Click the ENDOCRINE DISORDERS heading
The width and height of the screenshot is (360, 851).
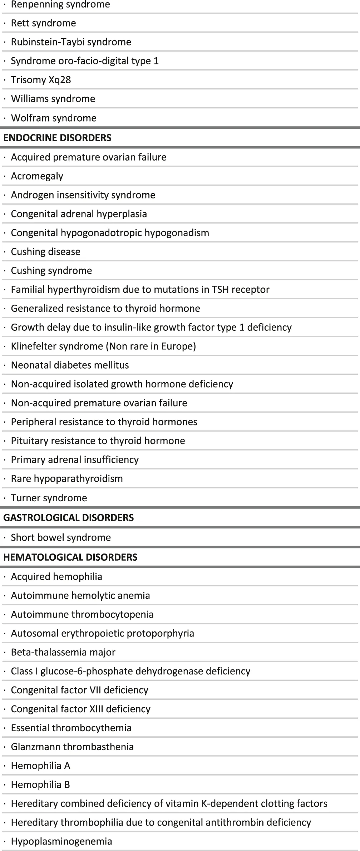(x=57, y=138)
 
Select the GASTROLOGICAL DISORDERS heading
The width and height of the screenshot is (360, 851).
(x=68, y=517)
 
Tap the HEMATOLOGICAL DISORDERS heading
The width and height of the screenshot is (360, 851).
(x=70, y=557)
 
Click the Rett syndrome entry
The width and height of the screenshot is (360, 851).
(x=43, y=23)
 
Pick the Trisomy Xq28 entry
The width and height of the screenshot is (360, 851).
(x=41, y=80)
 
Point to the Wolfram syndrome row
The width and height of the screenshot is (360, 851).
(x=54, y=118)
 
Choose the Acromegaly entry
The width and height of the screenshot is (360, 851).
(x=37, y=176)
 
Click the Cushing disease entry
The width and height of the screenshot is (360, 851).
(x=45, y=252)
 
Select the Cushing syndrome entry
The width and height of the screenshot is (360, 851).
(x=51, y=271)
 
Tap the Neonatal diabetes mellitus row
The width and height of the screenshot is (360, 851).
(x=70, y=365)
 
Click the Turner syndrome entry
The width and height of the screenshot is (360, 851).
(x=49, y=498)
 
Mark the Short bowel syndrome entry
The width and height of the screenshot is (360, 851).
(x=61, y=537)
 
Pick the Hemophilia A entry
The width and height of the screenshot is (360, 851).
(x=40, y=766)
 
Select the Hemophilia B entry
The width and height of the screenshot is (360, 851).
(x=40, y=784)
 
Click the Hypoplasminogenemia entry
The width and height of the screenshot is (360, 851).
(x=61, y=841)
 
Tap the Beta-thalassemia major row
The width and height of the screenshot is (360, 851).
(x=63, y=652)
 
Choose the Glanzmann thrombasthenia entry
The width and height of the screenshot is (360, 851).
(x=72, y=747)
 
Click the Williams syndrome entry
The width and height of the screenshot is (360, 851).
(x=53, y=99)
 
